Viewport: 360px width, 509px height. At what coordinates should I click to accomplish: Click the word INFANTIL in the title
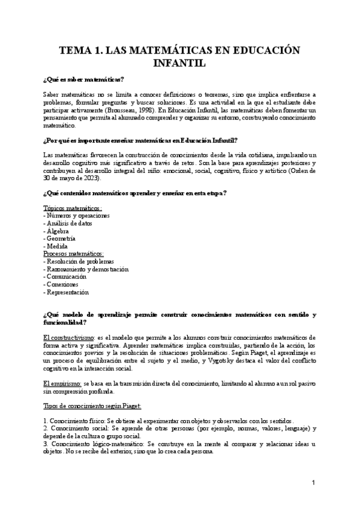click(179, 63)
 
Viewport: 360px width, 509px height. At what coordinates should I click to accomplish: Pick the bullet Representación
click(68, 292)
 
